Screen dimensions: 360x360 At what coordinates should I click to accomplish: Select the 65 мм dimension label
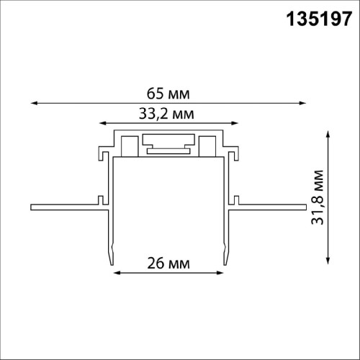coord(166,94)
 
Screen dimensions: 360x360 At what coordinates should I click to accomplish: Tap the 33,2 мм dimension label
coord(166,114)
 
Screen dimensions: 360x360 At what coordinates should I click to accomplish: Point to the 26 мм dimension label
coord(166,264)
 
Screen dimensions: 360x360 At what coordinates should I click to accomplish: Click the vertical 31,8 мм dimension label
coord(319,196)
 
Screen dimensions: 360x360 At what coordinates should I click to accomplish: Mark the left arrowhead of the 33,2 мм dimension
coord(102,124)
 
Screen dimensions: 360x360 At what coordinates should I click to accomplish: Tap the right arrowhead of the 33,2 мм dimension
coord(233,124)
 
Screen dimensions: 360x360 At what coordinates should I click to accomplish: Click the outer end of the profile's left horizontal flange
coord(33,208)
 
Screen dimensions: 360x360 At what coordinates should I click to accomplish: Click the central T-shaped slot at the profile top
coord(167,144)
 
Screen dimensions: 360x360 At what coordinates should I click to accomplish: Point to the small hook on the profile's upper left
coord(101,153)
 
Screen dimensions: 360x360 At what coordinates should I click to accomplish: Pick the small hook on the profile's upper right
coord(234,153)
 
